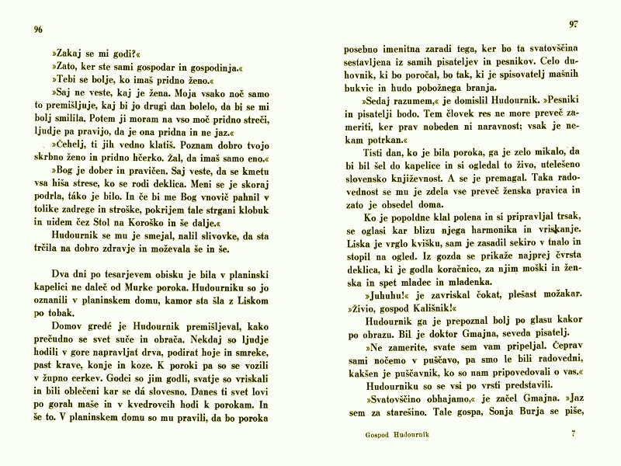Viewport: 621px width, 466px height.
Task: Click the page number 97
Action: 574,24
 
